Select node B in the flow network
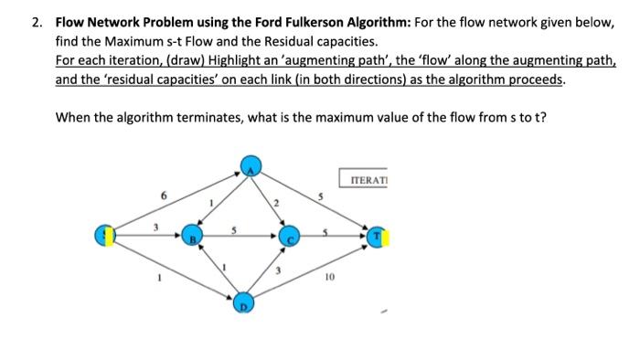point(191,236)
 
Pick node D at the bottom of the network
point(244,302)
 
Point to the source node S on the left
point(107,236)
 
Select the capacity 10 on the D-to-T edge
point(329,274)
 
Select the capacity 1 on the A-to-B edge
point(212,201)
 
